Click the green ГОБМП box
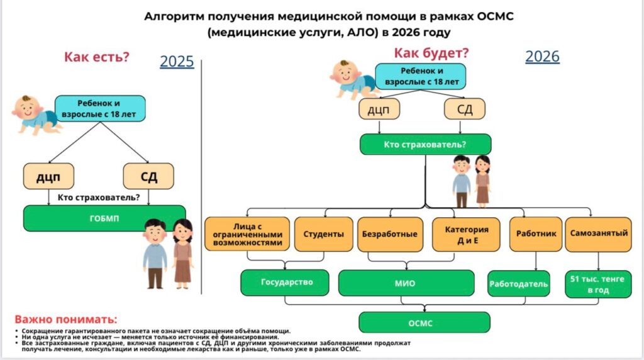click(x=104, y=218)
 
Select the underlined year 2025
click(x=177, y=62)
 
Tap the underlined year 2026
click(x=542, y=57)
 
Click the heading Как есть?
click(x=96, y=57)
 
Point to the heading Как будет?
click(x=431, y=53)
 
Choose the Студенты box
click(x=324, y=234)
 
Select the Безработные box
click(x=390, y=234)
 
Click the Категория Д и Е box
click(x=467, y=234)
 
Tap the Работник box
click(x=536, y=233)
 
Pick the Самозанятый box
click(x=599, y=233)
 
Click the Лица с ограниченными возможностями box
click(x=247, y=234)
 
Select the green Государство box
click(x=286, y=283)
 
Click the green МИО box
click(x=406, y=283)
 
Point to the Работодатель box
click(x=519, y=284)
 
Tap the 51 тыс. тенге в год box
click(x=599, y=284)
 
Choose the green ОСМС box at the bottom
click(x=425, y=322)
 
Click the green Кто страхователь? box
click(x=425, y=145)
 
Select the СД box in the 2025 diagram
click(x=148, y=176)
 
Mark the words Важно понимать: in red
click(x=66, y=319)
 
